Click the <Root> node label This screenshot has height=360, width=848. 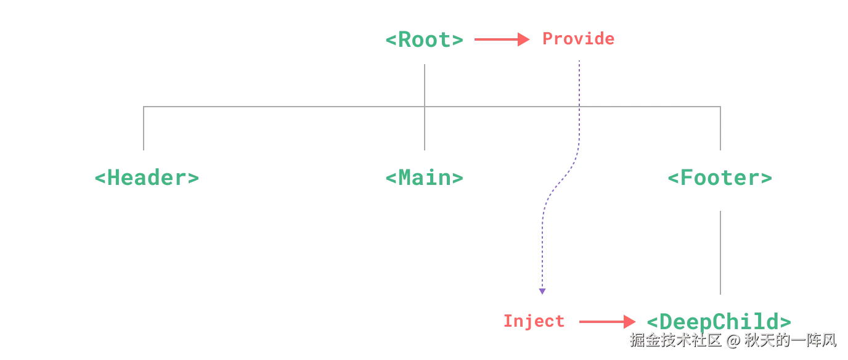click(424, 40)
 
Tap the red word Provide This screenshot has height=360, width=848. click(579, 39)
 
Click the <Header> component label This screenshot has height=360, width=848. click(147, 178)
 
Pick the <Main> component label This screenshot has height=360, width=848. click(424, 178)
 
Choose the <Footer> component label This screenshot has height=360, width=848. click(720, 179)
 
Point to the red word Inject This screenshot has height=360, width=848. click(534, 321)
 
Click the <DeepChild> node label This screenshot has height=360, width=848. click(719, 321)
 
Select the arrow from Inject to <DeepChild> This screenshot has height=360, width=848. click(604, 321)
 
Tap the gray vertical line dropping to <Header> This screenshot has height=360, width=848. click(145, 129)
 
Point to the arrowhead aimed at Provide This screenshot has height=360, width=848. click(525, 39)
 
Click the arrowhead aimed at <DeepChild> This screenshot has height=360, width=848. click(629, 321)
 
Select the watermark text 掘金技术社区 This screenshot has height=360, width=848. click(675, 340)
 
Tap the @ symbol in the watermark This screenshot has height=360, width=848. click(732, 340)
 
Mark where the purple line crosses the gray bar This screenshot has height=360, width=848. click(579, 107)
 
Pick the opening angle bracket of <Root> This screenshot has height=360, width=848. click(390, 40)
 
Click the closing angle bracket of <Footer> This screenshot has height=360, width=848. click(767, 179)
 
